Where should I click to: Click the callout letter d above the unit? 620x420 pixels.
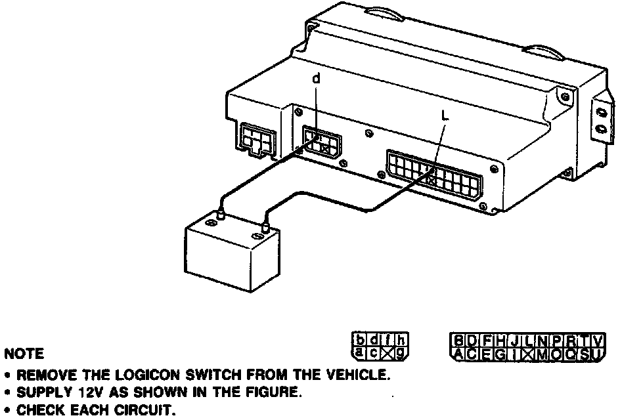coord(317,78)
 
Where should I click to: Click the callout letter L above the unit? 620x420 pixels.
coord(445,115)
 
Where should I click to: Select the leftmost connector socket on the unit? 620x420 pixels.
coord(257,140)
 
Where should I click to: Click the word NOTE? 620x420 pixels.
coord(24,354)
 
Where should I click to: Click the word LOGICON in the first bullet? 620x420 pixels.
coord(143,376)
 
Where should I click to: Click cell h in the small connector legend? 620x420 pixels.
coord(401,340)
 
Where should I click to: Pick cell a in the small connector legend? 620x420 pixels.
coord(361,352)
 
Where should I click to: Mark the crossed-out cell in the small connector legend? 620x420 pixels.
coord(387,353)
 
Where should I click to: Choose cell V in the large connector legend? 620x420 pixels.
coord(596,340)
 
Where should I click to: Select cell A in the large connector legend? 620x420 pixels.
coord(457,354)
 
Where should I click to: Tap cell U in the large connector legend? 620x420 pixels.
coord(596,354)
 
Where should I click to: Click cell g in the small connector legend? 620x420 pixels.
coord(401,353)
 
